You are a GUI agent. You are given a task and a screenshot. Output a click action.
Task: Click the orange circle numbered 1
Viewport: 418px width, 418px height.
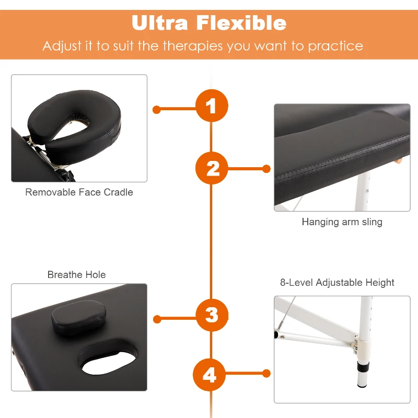pos(212,106)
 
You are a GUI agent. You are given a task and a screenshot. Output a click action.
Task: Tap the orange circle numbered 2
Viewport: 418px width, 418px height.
pos(212,168)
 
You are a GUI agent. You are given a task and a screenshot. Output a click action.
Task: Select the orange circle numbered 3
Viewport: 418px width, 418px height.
pos(212,315)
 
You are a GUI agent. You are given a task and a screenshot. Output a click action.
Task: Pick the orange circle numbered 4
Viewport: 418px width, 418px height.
pos(210,375)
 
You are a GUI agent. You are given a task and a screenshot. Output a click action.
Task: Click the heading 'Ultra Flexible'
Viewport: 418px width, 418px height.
pos(209,22)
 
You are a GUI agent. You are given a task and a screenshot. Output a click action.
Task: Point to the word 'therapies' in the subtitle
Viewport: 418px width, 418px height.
pos(193,46)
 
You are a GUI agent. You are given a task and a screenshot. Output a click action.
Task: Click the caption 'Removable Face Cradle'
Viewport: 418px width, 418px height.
pos(79,192)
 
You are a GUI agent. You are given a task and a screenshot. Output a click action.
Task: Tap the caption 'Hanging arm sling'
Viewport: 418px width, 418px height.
pos(342,222)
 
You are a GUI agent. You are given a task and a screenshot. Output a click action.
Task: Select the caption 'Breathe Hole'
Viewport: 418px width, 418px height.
pos(76,275)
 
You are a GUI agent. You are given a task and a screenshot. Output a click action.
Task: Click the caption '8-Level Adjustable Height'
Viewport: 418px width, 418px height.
pos(337,282)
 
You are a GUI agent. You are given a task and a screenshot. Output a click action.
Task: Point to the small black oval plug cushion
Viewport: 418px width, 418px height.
pos(79,317)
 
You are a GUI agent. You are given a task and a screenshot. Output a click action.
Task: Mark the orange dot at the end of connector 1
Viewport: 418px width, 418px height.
pos(156,110)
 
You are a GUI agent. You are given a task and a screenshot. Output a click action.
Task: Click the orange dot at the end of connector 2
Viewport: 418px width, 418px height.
pos(266,169)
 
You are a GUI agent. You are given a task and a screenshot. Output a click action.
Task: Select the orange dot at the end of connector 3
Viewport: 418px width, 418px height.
pos(157,319)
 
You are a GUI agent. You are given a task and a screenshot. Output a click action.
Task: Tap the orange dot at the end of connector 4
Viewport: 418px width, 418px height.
pos(266,374)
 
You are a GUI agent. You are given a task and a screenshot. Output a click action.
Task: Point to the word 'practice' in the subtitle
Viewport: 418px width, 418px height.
pos(335,47)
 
